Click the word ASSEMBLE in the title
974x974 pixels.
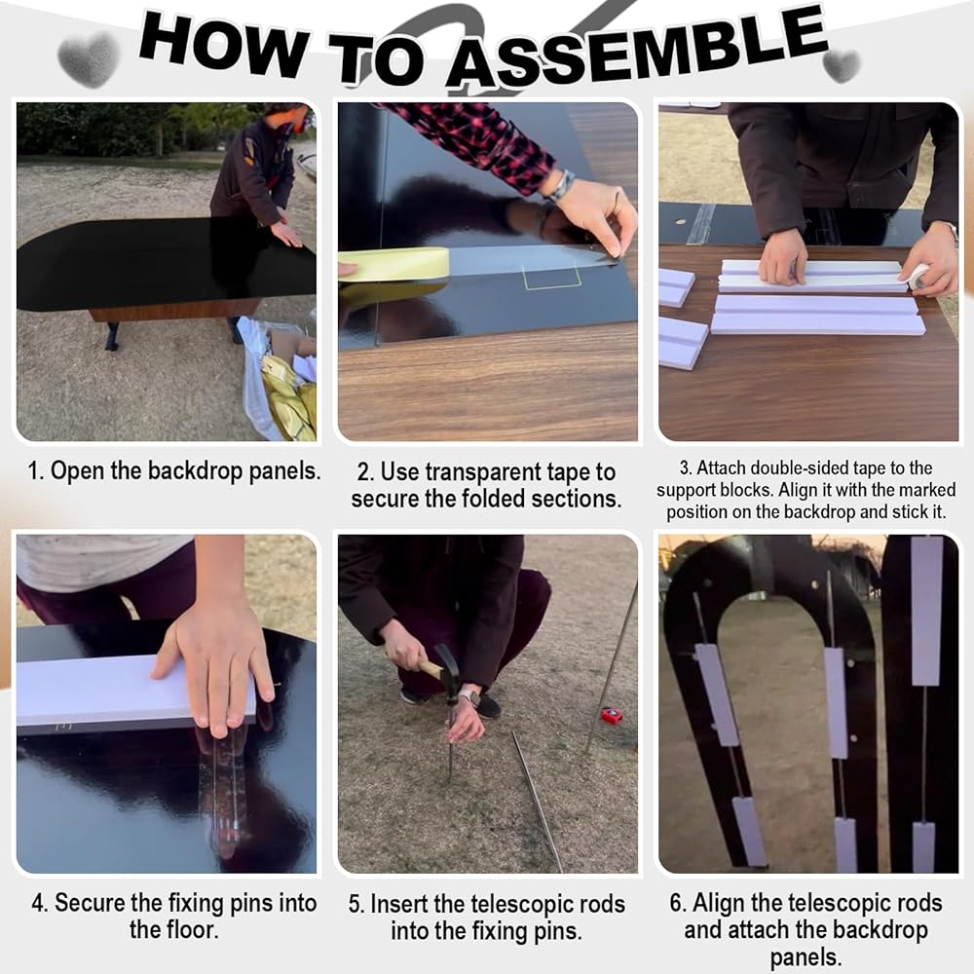pyautogui.click(x=637, y=50)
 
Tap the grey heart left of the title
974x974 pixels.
pyautogui.click(x=89, y=59)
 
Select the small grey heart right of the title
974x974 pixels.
pyautogui.click(x=842, y=65)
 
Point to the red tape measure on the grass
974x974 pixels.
pyautogui.click(x=612, y=716)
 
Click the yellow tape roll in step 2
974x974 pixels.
pyautogui.click(x=393, y=265)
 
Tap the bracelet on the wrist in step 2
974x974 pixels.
pyautogui.click(x=561, y=185)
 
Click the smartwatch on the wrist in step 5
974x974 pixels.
pyautogui.click(x=470, y=697)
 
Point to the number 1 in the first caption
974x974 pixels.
pyautogui.click(x=34, y=470)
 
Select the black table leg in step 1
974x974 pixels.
pyautogui.click(x=112, y=336)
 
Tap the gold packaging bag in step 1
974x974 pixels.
pyautogui.click(x=289, y=397)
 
